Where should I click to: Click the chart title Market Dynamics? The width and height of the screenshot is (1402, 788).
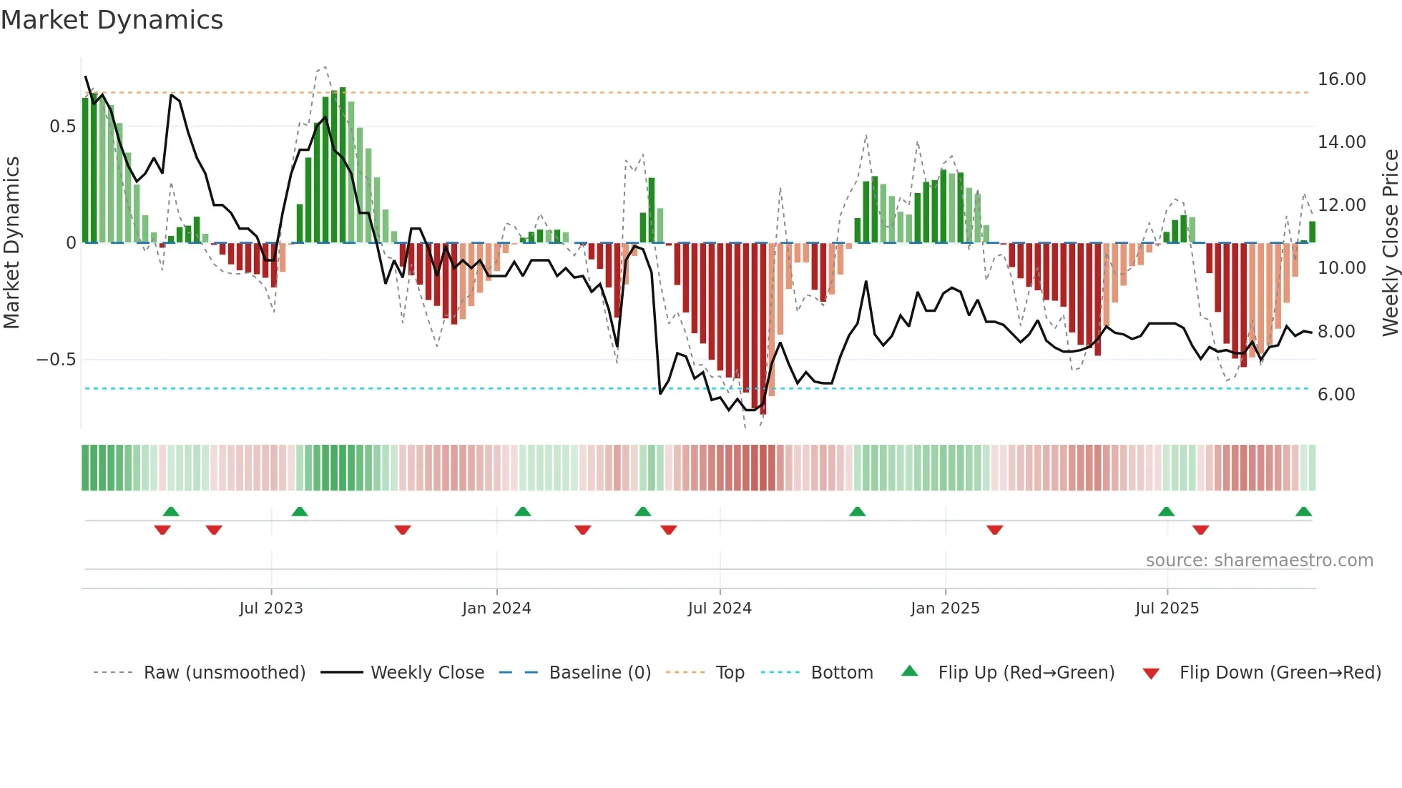click(x=112, y=20)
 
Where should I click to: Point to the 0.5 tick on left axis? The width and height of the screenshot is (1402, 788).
click(x=62, y=127)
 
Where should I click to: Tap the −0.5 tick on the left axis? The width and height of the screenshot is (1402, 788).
click(x=56, y=360)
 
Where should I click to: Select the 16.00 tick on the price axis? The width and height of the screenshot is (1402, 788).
click(x=1341, y=79)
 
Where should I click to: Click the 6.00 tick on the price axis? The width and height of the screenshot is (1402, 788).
click(x=1335, y=395)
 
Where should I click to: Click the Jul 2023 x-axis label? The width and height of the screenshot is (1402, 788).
click(x=271, y=609)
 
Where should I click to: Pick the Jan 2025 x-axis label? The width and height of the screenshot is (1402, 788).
click(x=945, y=609)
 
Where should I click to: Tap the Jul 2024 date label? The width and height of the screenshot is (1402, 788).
click(x=720, y=609)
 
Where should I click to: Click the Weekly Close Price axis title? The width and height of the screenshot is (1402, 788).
click(x=1390, y=243)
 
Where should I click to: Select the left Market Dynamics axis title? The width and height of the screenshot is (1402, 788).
click(x=12, y=243)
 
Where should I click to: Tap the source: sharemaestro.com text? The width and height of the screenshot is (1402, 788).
click(x=1259, y=561)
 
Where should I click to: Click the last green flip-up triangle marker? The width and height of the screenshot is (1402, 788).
click(x=1303, y=512)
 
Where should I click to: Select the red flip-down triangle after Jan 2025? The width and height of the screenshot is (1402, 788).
click(x=994, y=530)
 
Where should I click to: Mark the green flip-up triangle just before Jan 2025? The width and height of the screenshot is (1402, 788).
click(x=857, y=512)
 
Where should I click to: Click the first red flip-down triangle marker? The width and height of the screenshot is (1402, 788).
click(x=162, y=530)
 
